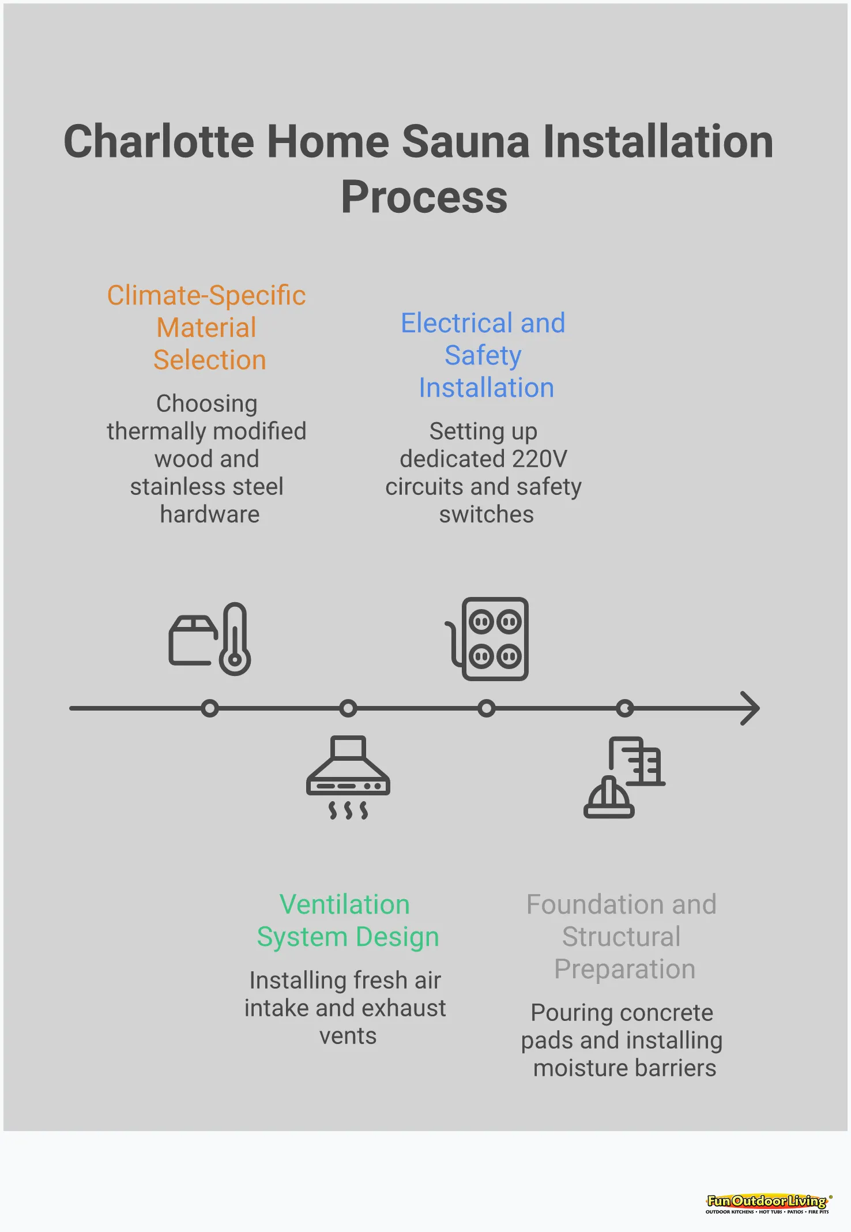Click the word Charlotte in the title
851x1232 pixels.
[159, 142]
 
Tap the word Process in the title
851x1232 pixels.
[424, 197]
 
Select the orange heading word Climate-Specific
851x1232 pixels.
[206, 295]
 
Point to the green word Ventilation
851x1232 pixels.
[344, 904]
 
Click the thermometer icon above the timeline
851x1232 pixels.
[235, 639]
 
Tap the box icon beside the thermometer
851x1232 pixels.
[191, 640]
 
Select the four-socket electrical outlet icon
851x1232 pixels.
[495, 639]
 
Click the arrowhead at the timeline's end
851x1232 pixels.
[751, 708]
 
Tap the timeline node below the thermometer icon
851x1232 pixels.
[210, 708]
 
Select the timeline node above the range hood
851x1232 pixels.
[348, 708]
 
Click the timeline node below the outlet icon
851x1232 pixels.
[487, 708]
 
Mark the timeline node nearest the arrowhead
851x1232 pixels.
[624, 708]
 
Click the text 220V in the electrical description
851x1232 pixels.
[539, 459]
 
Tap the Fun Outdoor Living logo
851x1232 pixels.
[767, 1203]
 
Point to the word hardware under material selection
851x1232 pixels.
[209, 514]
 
